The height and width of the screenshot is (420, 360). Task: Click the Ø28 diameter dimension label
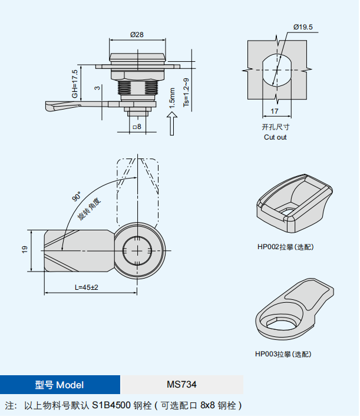137,34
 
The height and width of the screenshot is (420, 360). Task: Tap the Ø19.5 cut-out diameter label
303,27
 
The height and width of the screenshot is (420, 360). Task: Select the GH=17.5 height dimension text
75,84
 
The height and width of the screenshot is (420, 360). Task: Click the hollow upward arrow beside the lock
172,124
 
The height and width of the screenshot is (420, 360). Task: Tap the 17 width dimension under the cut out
275,111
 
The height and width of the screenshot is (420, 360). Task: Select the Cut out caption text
275,137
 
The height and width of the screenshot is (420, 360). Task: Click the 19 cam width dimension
25,250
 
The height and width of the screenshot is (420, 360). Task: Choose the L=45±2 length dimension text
87,287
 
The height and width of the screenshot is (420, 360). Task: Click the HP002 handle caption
285,247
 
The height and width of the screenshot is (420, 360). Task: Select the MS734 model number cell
181,385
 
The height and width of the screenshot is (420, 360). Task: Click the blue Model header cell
60,385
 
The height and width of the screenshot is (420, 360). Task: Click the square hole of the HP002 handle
288,211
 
